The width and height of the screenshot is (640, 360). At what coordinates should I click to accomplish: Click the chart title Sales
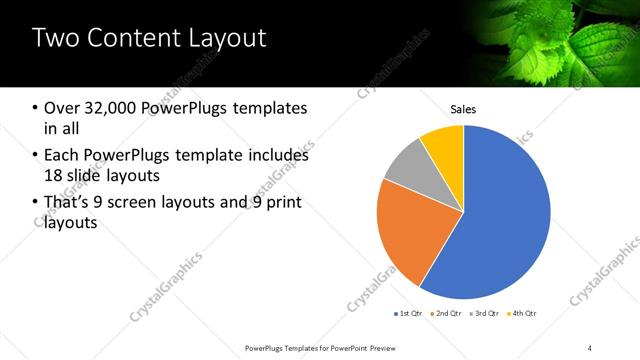[x=463, y=110]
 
